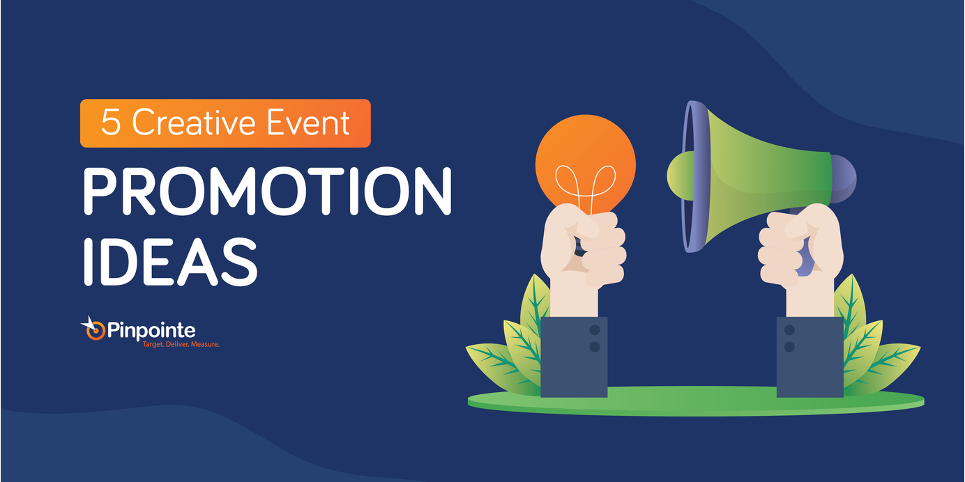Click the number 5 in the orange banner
[111, 122]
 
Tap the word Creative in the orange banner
[193, 122]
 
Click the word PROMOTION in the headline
[268, 191]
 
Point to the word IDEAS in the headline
[170, 261]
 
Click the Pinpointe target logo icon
[93, 329]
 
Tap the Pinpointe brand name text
[151, 331]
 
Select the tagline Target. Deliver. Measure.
[181, 344]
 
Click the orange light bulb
[586, 164]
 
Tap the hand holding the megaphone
[801, 254]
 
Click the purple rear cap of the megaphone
[844, 178]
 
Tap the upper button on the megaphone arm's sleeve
[789, 330]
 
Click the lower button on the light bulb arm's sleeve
[595, 347]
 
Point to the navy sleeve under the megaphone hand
[810, 357]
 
